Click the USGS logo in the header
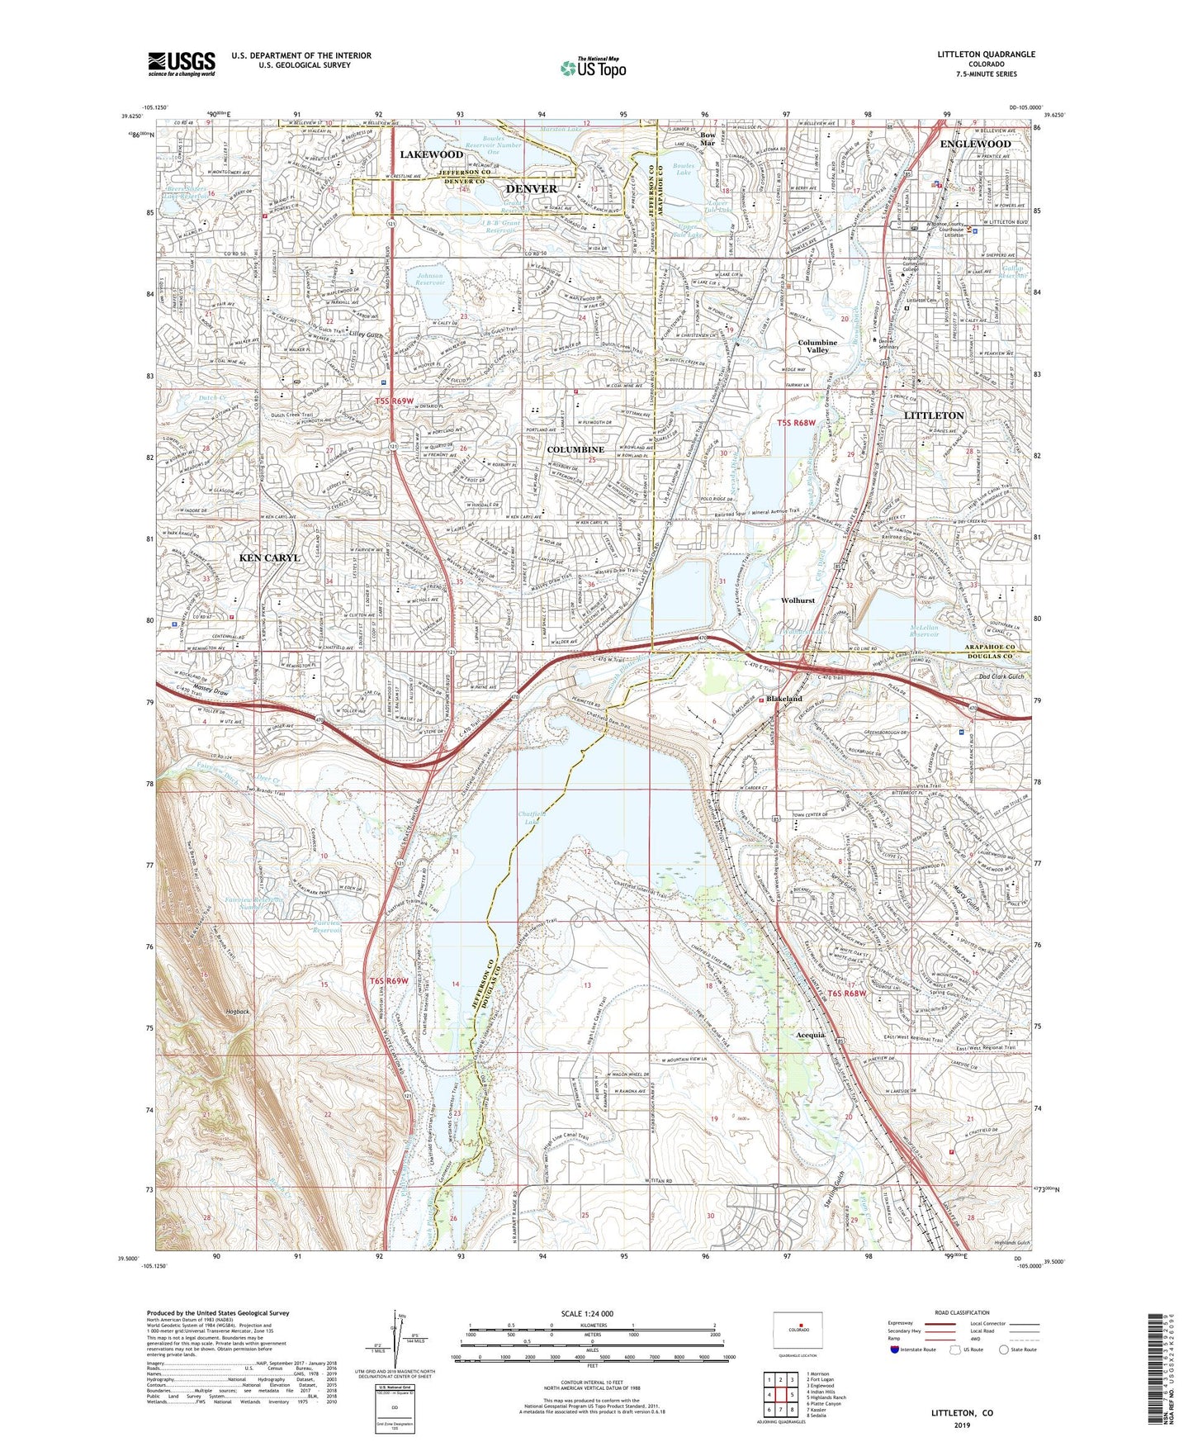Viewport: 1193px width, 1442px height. (182, 63)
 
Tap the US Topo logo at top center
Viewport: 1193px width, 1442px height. (592, 68)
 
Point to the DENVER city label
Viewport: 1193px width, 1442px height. (531, 189)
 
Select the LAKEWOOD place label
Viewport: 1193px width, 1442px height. (431, 154)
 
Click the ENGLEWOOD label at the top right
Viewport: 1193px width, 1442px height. (975, 144)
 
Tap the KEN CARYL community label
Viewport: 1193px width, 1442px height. (269, 558)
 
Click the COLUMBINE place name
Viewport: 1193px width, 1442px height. (575, 449)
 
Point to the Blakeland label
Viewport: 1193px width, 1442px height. (783, 699)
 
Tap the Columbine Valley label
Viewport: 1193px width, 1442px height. (817, 346)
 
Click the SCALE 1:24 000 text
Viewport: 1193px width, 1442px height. (590, 1314)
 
